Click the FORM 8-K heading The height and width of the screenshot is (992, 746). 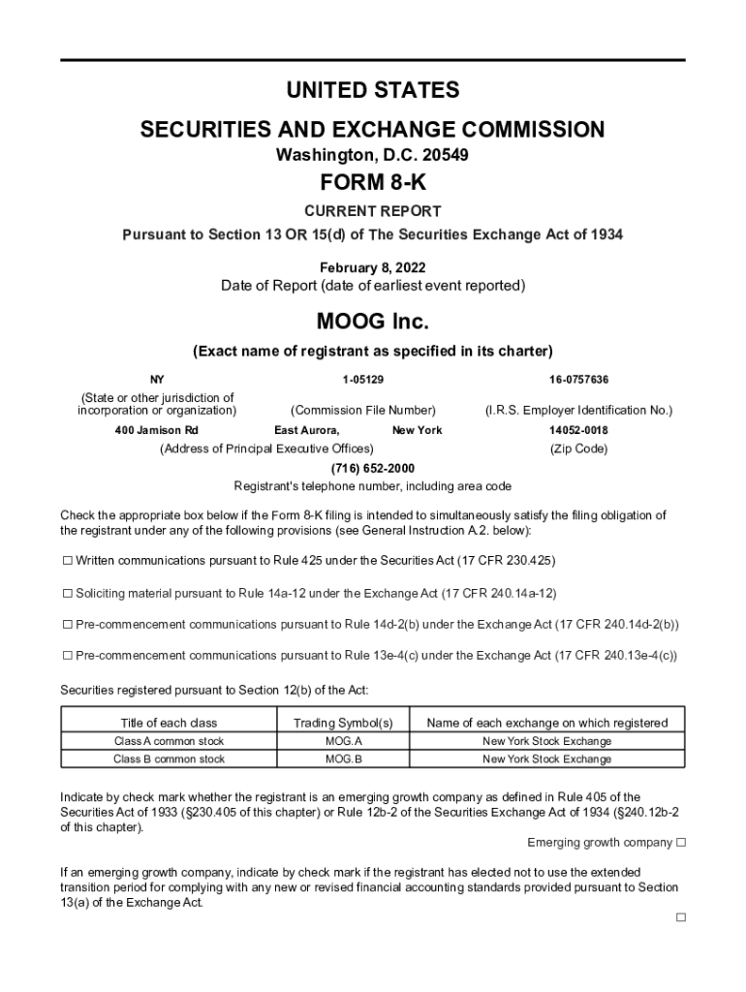point(372,182)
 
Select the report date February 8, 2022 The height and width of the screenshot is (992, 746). point(372,266)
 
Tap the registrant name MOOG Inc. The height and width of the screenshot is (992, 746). point(372,320)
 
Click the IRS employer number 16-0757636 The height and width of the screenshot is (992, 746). point(578,379)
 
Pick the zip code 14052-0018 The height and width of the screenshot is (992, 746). point(578,430)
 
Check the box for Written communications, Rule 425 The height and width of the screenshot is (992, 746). point(68,561)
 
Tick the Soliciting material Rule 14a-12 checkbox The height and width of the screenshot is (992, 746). point(68,593)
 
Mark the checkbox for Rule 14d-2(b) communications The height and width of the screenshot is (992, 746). point(68,624)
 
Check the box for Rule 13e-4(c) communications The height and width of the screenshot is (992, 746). point(68,656)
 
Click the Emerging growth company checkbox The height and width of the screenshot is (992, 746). point(681,842)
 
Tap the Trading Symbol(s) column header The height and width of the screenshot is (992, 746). point(343,723)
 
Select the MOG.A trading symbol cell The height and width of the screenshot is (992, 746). point(343,741)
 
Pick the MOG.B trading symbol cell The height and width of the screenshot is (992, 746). point(343,759)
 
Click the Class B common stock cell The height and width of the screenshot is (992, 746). point(169,759)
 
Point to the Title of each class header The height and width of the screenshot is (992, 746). point(169,723)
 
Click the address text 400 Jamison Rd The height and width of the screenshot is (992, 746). point(156,430)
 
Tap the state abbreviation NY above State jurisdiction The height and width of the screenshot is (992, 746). point(156,379)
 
